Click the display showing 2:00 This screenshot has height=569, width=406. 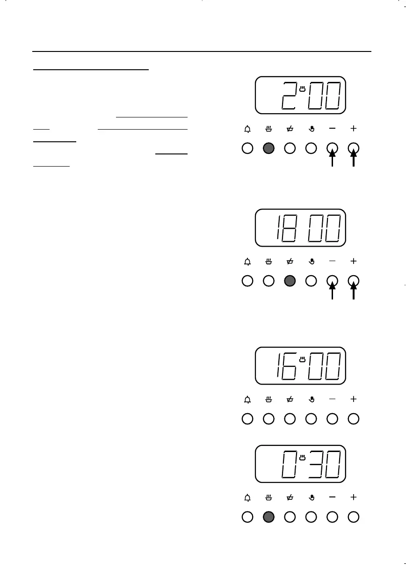300,95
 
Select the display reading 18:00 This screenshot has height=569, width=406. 300,228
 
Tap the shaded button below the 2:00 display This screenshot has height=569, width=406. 268,148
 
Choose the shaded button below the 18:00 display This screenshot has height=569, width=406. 290,281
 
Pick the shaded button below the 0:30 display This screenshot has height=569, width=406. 268,517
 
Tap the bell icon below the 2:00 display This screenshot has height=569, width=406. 247,128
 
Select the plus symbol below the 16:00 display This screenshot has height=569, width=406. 354,399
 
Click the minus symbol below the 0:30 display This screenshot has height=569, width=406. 333,497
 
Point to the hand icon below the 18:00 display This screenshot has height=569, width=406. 311,261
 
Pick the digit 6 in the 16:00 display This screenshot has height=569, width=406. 290,366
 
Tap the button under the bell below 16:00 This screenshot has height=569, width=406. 247,419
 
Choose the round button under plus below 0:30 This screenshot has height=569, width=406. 354,517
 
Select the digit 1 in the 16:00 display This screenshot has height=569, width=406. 278,366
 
